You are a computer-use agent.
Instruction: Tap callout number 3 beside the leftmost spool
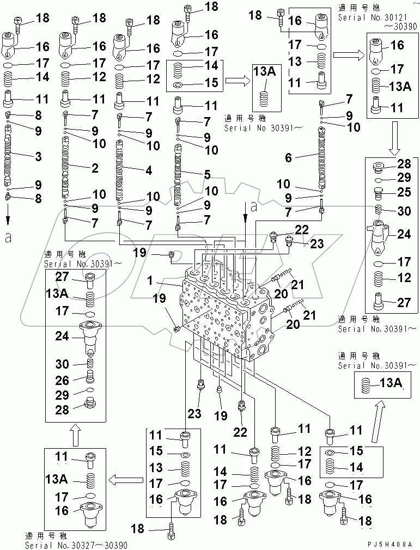point(38,157)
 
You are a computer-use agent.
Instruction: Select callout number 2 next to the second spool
point(94,167)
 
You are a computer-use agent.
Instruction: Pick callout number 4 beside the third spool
point(149,169)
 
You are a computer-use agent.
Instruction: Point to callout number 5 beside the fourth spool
point(207,175)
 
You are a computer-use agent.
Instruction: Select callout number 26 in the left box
point(63,380)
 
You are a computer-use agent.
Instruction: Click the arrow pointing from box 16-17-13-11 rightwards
point(346,54)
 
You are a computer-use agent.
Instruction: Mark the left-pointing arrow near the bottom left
point(123,479)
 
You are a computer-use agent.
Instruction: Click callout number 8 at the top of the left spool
point(38,115)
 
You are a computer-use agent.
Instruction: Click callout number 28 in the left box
point(63,410)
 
